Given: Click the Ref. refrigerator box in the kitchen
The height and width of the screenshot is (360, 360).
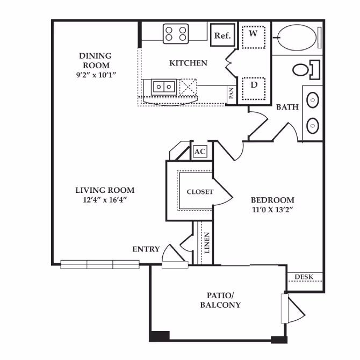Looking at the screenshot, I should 222,35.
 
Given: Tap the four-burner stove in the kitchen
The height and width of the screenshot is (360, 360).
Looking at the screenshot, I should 176,34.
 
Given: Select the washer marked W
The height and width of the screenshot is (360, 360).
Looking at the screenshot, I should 254,36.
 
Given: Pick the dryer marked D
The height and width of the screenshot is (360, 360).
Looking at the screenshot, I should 254,87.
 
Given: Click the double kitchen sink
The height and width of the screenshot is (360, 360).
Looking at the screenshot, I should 163,85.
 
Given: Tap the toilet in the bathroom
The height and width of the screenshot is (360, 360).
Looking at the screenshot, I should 304,69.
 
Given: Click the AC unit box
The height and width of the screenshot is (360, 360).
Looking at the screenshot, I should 199,152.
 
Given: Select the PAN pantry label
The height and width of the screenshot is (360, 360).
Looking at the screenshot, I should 231,95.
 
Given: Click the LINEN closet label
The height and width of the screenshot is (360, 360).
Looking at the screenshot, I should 207,243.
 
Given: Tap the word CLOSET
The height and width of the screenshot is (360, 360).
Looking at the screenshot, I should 200,192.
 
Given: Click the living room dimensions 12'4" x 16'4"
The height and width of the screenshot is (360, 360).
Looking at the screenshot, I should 105,200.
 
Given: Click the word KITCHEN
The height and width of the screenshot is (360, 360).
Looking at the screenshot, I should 188,63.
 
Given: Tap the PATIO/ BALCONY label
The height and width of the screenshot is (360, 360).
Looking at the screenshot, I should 221,300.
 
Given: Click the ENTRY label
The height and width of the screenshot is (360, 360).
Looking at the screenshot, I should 146,249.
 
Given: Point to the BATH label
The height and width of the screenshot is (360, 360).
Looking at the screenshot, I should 287,107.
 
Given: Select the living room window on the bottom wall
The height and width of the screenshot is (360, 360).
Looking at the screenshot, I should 100,264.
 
